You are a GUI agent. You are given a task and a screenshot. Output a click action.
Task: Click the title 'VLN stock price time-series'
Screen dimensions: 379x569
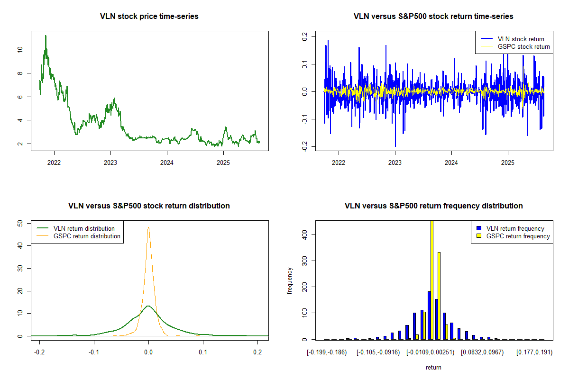coord(149,17)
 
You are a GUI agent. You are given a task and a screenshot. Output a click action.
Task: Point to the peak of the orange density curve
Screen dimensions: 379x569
coord(148,227)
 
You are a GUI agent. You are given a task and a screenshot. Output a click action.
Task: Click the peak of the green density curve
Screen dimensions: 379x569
coord(148,306)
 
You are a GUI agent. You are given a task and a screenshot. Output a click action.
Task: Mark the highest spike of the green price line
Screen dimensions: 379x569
coord(46,36)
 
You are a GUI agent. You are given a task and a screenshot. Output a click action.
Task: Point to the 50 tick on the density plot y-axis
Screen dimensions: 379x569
coord(20,223)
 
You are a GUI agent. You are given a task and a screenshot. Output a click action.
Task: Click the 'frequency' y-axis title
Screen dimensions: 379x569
coord(290,280)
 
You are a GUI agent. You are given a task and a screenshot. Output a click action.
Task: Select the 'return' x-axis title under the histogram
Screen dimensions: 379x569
coord(433,367)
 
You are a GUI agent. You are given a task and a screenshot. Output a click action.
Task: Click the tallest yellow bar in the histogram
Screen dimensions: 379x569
coord(431,280)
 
